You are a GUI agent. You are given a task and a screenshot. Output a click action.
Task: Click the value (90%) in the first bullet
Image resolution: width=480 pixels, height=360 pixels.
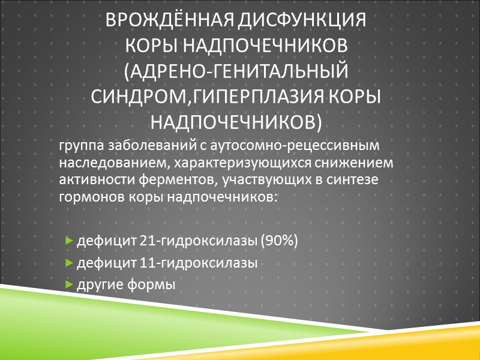click(279, 241)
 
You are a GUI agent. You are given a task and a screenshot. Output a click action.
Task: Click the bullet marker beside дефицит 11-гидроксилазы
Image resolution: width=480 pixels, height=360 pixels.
click(70, 262)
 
